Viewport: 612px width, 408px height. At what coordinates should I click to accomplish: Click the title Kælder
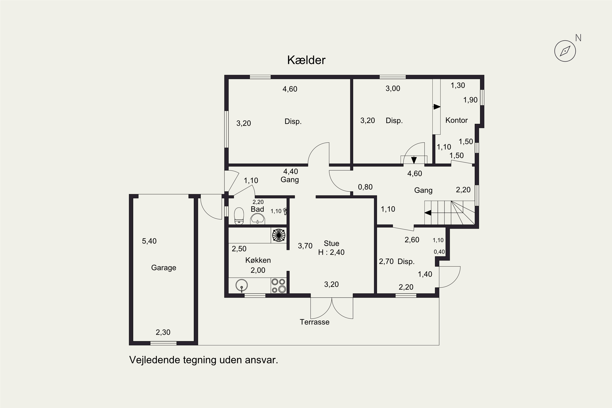[306, 60]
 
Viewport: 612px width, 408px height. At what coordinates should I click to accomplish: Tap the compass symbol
[565, 51]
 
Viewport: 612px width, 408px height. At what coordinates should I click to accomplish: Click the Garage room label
[164, 268]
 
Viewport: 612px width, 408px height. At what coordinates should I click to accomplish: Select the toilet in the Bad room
[239, 216]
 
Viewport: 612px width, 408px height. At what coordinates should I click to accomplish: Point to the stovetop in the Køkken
[279, 286]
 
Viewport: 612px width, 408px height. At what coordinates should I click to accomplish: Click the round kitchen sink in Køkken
[242, 285]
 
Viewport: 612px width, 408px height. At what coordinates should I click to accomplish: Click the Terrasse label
[315, 322]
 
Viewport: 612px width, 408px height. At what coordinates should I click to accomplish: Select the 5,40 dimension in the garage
[149, 241]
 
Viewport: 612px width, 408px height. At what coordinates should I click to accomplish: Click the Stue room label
[331, 244]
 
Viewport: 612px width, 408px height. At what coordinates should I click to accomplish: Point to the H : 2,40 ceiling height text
[331, 252]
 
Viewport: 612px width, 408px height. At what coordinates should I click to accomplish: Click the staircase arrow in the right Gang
[428, 213]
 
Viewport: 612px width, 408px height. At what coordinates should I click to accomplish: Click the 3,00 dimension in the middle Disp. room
[393, 89]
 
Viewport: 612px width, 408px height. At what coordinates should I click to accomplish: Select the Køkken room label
[258, 260]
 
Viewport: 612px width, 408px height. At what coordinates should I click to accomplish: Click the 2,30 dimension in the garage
[163, 332]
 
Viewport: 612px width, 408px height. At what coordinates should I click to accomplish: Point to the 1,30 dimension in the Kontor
[458, 85]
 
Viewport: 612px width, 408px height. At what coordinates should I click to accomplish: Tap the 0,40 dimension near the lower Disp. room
[439, 252]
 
